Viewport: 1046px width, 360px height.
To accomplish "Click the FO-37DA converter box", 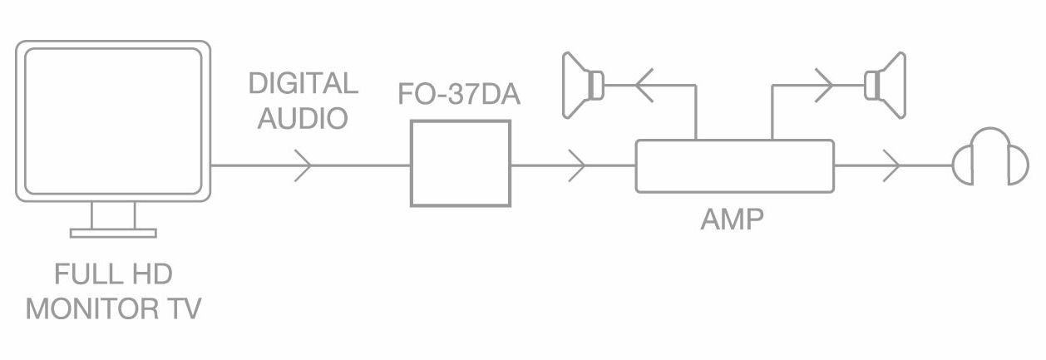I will pyautogui.click(x=460, y=164).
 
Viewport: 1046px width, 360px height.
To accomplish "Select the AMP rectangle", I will pyautogui.click(x=734, y=165).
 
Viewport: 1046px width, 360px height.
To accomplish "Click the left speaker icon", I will pyautogui.click(x=583, y=84).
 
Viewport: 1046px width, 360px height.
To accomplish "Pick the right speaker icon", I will pyautogui.click(x=885, y=84).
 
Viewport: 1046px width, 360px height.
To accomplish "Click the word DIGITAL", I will pyautogui.click(x=303, y=84).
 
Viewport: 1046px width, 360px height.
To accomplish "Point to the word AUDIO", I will pyautogui.click(x=303, y=118).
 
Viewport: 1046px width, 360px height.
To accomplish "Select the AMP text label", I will pyautogui.click(x=733, y=219).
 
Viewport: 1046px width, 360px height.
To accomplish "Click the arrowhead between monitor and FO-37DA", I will pyautogui.click(x=303, y=165).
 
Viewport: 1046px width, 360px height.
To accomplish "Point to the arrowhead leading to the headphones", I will pyautogui.click(x=892, y=165).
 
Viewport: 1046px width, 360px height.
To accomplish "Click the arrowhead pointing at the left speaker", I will pyautogui.click(x=644, y=84).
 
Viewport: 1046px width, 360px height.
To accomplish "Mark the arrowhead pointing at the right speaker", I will pyautogui.click(x=824, y=84).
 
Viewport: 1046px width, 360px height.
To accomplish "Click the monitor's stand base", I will pyautogui.click(x=113, y=233).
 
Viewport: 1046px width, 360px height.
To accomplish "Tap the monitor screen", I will pyautogui.click(x=113, y=121).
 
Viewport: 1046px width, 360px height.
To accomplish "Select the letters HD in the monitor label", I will pyautogui.click(x=154, y=275).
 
